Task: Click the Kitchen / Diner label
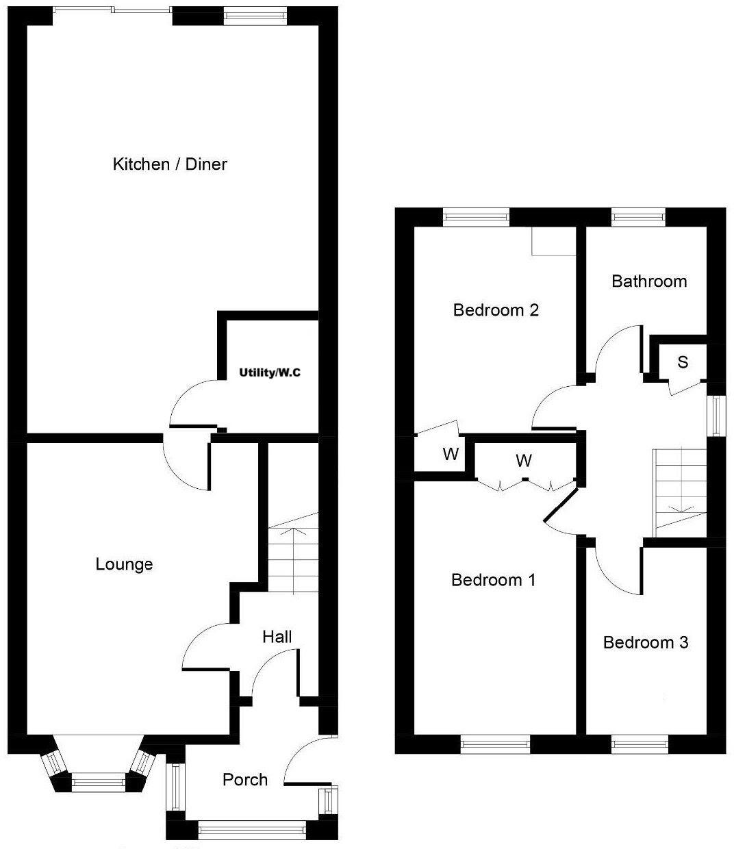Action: [169, 164]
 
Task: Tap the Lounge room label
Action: [124, 564]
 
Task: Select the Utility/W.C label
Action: [270, 373]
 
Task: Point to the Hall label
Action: [277, 637]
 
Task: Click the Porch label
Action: [245, 779]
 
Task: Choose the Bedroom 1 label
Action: [493, 580]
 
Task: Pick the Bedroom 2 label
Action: [496, 310]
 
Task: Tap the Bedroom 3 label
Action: [645, 642]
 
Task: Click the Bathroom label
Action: [649, 281]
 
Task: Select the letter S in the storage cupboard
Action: [683, 362]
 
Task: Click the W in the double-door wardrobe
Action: [523, 461]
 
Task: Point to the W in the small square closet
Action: [450, 454]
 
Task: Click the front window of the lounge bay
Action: [99, 781]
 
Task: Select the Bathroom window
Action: [638, 217]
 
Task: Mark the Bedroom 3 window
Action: [640, 744]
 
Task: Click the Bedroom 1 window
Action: [495, 744]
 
